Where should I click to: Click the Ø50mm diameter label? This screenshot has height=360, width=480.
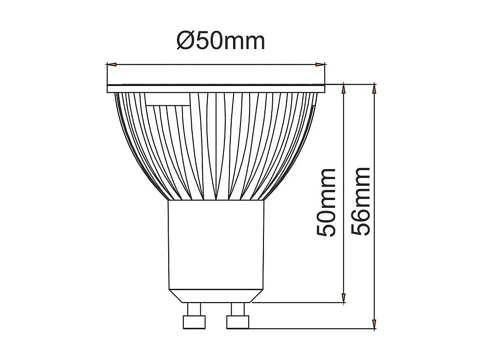pyautogui.click(x=221, y=41)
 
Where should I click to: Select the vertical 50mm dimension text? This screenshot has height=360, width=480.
pyautogui.click(x=327, y=203)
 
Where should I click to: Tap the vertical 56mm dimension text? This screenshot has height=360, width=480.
pyautogui.click(x=361, y=202)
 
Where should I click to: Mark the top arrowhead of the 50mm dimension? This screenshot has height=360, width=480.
pyautogui.click(x=343, y=90)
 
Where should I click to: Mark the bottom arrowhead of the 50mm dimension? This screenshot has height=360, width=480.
pyautogui.click(x=343, y=297)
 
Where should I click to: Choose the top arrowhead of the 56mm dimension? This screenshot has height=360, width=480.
pyautogui.click(x=375, y=90)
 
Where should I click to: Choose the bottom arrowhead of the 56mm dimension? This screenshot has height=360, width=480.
pyautogui.click(x=375, y=323)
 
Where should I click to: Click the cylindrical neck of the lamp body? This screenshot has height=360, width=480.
pyautogui.click(x=216, y=244)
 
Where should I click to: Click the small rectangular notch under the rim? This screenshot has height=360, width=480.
pyautogui.click(x=167, y=99)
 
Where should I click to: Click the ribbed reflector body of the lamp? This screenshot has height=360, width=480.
pyautogui.click(x=216, y=147)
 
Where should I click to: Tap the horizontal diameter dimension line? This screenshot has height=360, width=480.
pyautogui.click(x=216, y=65)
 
